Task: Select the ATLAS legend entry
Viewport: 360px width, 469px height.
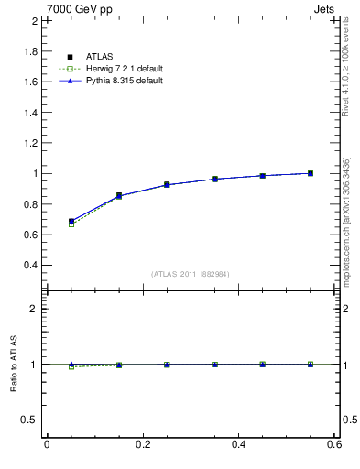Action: pyautogui.click(x=99, y=58)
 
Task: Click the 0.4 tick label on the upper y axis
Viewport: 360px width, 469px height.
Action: pyautogui.click(x=27, y=266)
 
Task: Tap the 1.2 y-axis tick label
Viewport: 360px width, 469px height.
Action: pyautogui.click(x=27, y=143)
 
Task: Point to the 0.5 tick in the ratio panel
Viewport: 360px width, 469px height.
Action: pyautogui.click(x=27, y=420)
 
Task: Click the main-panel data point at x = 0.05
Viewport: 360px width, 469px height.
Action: pyautogui.click(x=71, y=222)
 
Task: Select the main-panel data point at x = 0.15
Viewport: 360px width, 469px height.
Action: pyautogui.click(x=119, y=196)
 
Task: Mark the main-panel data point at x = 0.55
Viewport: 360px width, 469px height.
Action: pyautogui.click(x=311, y=173)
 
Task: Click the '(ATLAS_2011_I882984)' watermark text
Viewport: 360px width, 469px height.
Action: pyautogui.click(x=191, y=274)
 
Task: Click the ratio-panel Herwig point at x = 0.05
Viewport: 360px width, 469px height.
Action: pyautogui.click(x=71, y=366)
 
